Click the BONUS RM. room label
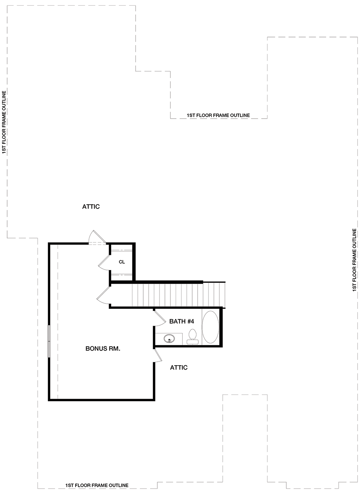[103, 349]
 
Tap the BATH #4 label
[181, 321]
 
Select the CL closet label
[122, 262]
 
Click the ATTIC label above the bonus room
[91, 207]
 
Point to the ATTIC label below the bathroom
[179, 367]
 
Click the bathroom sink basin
[170, 339]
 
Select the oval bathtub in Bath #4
[210, 327]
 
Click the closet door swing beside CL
[104, 262]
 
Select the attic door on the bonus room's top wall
[97, 237]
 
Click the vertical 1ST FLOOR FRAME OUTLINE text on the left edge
[4, 122]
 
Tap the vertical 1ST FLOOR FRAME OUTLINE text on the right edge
[355, 260]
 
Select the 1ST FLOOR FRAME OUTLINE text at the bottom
[97, 485]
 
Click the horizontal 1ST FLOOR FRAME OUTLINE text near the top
[218, 115]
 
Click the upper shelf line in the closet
[121, 251]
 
